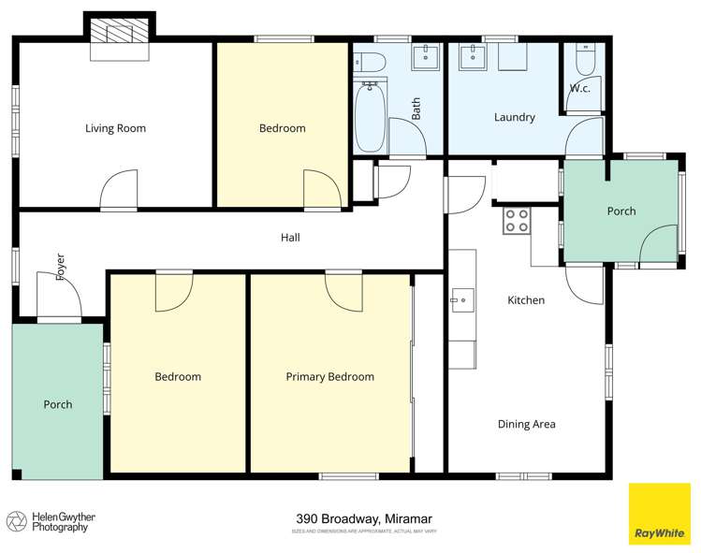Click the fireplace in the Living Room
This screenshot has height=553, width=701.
118,38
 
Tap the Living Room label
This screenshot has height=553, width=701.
115,129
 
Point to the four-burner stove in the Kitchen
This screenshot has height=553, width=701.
517,220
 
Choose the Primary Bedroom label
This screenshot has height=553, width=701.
329,377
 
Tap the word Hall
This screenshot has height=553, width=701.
290,238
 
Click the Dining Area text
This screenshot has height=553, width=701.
526,424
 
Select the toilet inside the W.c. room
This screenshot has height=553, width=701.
584,61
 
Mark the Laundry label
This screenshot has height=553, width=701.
514,118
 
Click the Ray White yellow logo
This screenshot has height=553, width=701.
659,513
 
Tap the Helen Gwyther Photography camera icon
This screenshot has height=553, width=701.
16,521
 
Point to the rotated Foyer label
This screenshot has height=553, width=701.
61,267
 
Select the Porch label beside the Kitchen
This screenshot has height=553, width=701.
621,211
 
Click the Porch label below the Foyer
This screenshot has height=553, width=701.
57,404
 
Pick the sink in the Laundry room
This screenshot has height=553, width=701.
473,58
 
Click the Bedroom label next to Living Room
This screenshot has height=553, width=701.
282,129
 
